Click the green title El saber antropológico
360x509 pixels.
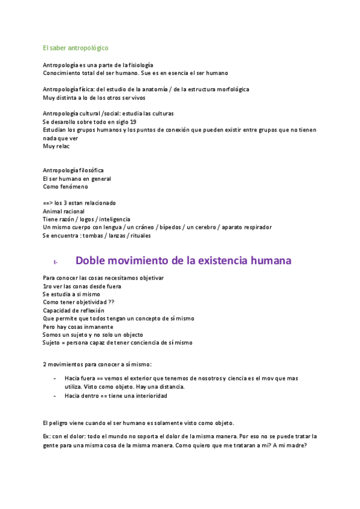(x=76, y=47)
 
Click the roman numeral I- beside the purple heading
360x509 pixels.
(x=56, y=262)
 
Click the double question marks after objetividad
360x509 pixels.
(x=112, y=303)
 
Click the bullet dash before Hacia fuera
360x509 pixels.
(x=55, y=378)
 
